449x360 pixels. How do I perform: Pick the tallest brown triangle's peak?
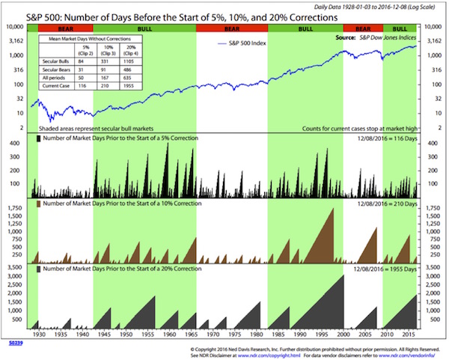click(331, 207)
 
